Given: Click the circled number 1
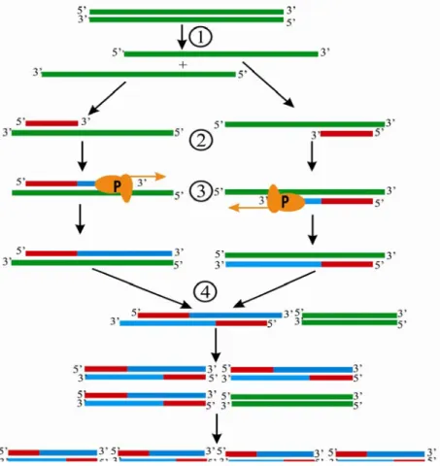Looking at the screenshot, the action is pyautogui.click(x=200, y=37).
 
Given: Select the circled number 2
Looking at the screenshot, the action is pyautogui.click(x=201, y=141).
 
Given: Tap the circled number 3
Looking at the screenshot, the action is pyautogui.click(x=201, y=190).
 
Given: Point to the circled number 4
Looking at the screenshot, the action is pyautogui.click(x=205, y=292).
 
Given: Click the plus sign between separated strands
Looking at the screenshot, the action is pyautogui.click(x=183, y=65).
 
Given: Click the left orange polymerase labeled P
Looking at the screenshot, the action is pyautogui.click(x=114, y=187).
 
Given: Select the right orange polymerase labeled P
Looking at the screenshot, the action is pyautogui.click(x=286, y=200).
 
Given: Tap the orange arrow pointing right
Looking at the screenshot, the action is pyautogui.click(x=148, y=177).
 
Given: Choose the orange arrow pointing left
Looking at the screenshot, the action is pyautogui.click(x=249, y=208).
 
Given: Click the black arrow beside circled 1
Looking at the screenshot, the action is pyautogui.click(x=182, y=37).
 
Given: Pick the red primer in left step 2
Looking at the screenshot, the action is pyautogui.click(x=51, y=123).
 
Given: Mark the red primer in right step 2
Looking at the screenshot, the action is pyautogui.click(x=347, y=134).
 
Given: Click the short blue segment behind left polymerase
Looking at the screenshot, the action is pyautogui.click(x=86, y=183).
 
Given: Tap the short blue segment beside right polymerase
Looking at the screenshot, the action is pyautogui.click(x=313, y=201).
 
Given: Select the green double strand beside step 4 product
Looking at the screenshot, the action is pyautogui.click(x=350, y=318).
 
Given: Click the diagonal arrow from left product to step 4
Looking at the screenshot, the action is pyautogui.click(x=142, y=288).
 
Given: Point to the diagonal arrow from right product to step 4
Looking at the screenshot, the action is pyautogui.click(x=274, y=289).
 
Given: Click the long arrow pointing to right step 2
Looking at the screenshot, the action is pyautogui.click(x=268, y=84).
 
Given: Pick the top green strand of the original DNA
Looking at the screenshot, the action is pyautogui.click(x=186, y=12).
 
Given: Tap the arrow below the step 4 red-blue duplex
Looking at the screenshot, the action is pyautogui.click(x=216, y=345).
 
